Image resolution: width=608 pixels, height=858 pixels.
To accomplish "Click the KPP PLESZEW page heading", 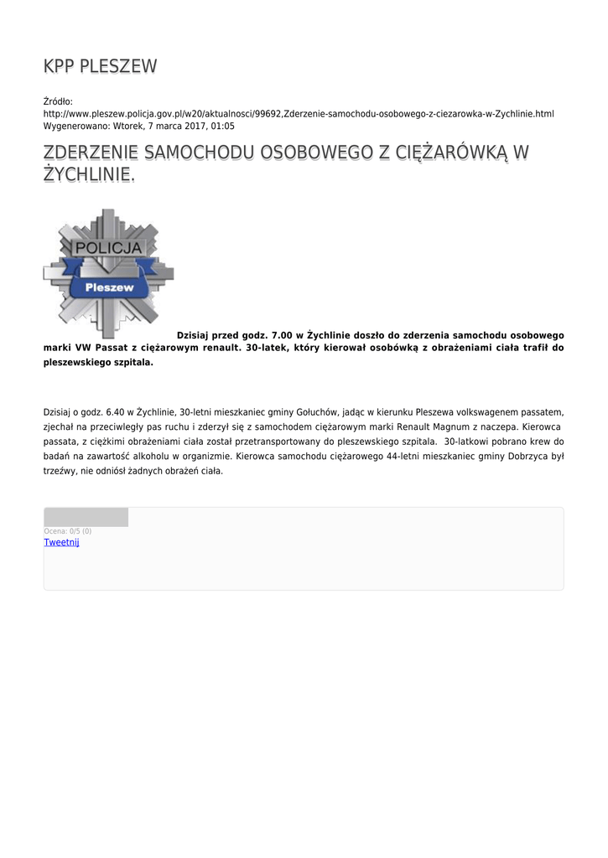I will [x=100, y=66].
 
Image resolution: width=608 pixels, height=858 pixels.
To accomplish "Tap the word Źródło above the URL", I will [x=58, y=101].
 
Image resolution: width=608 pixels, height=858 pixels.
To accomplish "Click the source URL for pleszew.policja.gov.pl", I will [x=299, y=113].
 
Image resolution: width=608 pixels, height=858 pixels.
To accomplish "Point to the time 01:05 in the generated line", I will [x=223, y=126].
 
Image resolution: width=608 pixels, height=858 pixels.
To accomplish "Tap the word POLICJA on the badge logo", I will [x=109, y=249].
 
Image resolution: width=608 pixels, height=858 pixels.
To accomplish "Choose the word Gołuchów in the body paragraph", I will [x=314, y=412].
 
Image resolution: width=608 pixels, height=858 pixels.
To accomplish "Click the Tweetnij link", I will [x=61, y=542].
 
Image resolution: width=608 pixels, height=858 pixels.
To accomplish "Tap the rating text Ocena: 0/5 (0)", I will [x=68, y=531].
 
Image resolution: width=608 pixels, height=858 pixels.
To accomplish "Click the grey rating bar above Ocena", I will [x=86, y=517].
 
